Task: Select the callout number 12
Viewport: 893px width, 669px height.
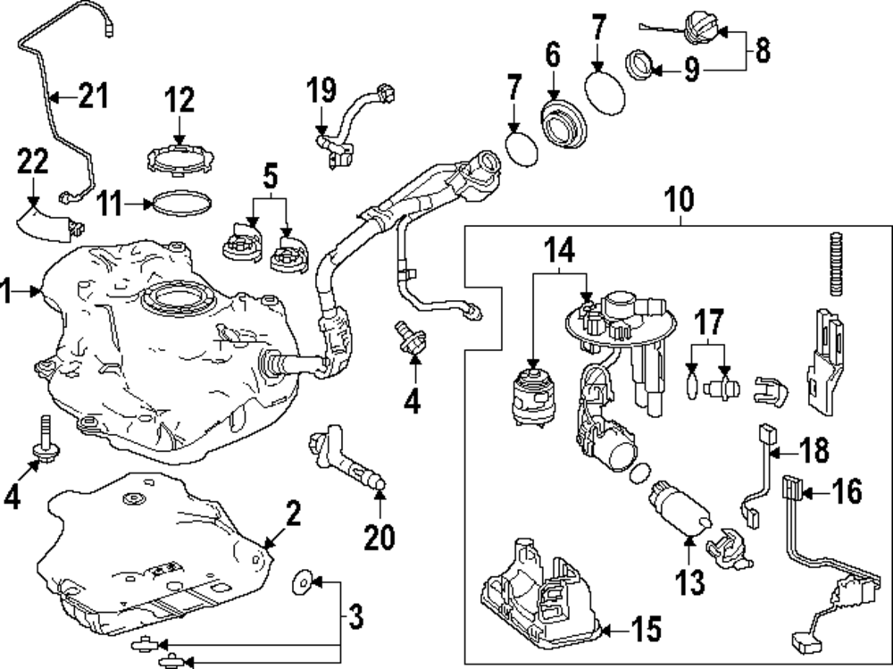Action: pos(179,100)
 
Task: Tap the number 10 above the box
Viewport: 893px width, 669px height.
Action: pos(680,201)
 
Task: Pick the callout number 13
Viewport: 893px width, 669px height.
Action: pos(692,581)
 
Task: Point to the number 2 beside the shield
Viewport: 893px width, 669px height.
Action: pos(294,513)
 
